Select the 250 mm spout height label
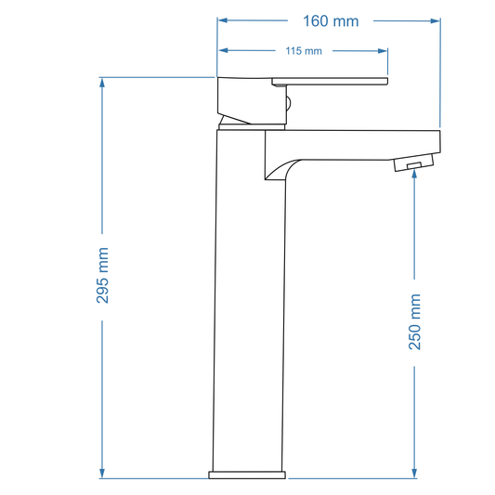tap(415, 321)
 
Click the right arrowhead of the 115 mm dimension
tap(383, 51)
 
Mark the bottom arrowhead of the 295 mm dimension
tap(103, 473)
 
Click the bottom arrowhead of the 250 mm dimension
tap(415, 473)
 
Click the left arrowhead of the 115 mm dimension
tap(224, 51)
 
